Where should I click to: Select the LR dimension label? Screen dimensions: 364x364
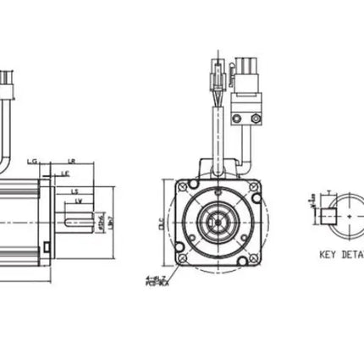[x=72, y=159]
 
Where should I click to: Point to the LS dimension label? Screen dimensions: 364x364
[x=74, y=191]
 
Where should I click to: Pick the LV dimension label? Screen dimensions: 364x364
[x=78, y=201]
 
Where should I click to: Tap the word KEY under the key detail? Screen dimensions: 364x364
[x=329, y=253]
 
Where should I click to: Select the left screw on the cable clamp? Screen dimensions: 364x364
[x=237, y=119]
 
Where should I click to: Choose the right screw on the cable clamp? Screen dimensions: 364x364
[x=253, y=119]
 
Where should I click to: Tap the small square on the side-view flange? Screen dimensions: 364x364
[x=47, y=250]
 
